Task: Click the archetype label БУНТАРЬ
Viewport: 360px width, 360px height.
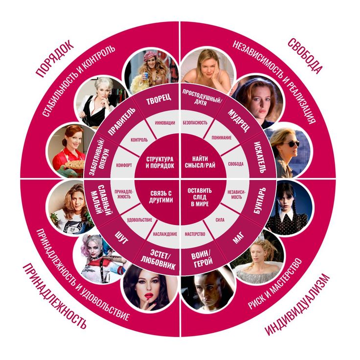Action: click(260, 201)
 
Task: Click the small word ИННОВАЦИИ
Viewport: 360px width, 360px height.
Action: click(165, 123)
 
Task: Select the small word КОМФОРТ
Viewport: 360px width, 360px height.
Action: click(124, 165)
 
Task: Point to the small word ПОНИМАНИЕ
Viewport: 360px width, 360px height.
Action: click(222, 138)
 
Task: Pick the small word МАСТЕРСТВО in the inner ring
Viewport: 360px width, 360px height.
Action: click(195, 234)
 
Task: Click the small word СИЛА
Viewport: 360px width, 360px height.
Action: click(220, 220)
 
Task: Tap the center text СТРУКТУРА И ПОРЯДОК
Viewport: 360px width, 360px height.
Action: click(160, 162)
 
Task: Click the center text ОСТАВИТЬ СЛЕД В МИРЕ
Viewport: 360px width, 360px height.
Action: click(200, 197)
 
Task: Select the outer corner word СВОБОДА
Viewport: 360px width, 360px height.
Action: click(305, 56)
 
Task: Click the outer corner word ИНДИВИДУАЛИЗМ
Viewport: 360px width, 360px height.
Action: click(297, 304)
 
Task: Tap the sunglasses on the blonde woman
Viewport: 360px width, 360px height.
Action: click(291, 144)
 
